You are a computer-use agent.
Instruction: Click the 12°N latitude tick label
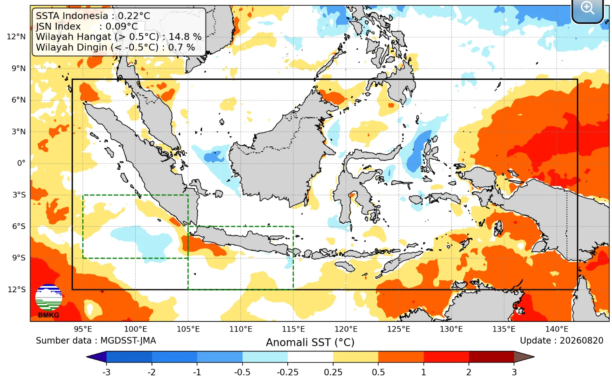(x=16, y=36)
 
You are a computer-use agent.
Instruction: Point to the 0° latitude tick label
(x=21, y=163)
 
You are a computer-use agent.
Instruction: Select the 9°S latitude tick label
(x=19, y=258)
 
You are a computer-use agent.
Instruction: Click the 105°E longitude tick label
(x=188, y=329)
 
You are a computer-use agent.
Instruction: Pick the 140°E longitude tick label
(x=556, y=329)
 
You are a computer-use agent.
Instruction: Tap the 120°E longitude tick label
(x=346, y=329)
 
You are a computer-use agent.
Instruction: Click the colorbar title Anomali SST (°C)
(x=310, y=342)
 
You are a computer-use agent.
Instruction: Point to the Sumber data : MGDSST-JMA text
(x=96, y=341)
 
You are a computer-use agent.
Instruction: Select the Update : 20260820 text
(x=561, y=341)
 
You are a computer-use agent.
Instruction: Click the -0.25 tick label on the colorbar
(x=287, y=372)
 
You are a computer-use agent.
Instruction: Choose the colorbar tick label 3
(x=514, y=372)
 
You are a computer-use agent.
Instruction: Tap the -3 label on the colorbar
(x=106, y=372)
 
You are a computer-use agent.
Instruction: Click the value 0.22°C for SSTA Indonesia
(x=134, y=16)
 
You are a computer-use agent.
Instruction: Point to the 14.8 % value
(x=185, y=37)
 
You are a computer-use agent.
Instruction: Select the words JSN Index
(x=58, y=26)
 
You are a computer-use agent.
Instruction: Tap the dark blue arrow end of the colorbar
(x=96, y=357)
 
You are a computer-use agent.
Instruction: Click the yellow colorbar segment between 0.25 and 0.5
(x=355, y=357)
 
